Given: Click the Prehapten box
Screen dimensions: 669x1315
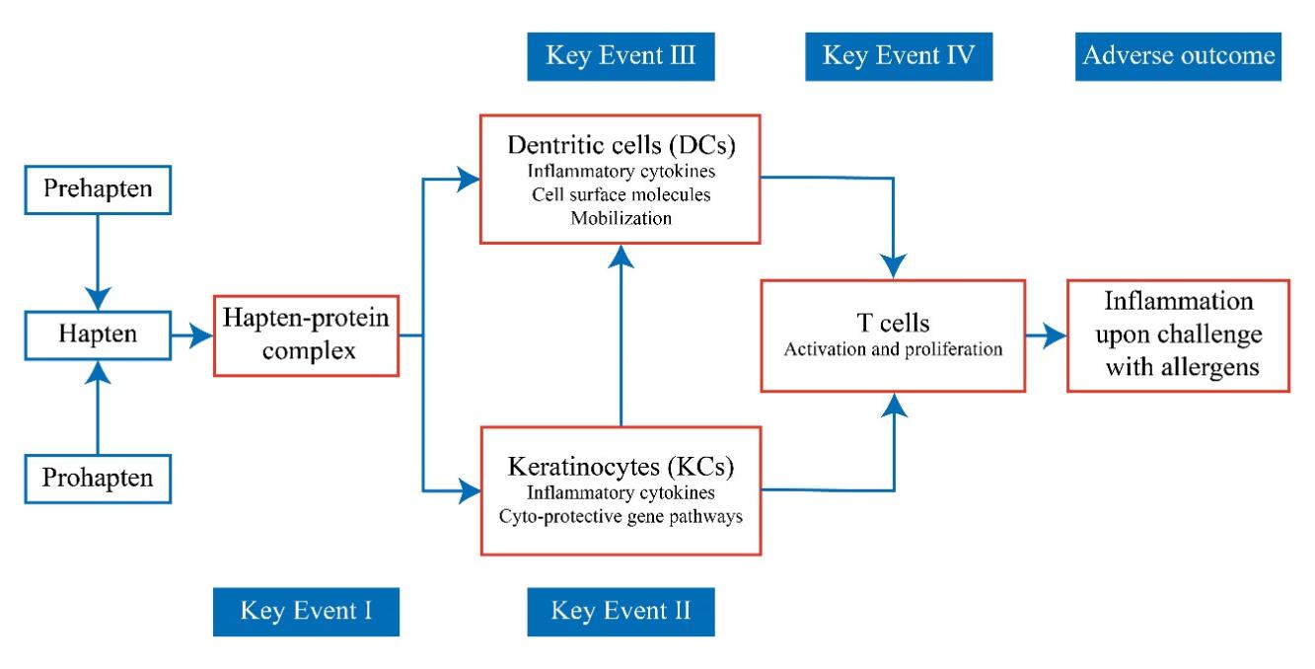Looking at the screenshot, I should pyautogui.click(x=97, y=186).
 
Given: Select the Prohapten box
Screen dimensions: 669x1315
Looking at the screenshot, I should pyautogui.click(x=97, y=481).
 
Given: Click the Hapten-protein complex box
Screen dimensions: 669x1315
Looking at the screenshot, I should pyautogui.click(x=306, y=335).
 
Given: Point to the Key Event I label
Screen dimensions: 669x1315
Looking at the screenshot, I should pyautogui.click(x=306, y=613).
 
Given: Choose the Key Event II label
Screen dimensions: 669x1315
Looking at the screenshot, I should pyautogui.click(x=621, y=613).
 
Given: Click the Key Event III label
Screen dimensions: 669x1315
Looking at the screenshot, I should pyautogui.click(x=621, y=56).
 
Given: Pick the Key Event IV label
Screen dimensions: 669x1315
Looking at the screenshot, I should pyautogui.click(x=899, y=56).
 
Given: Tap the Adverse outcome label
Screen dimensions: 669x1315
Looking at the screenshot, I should pyautogui.click(x=1178, y=56).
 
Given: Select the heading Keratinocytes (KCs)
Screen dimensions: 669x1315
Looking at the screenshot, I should pyautogui.click(x=621, y=466).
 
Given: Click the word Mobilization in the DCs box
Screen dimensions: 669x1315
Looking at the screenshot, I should pyautogui.click(x=621, y=218).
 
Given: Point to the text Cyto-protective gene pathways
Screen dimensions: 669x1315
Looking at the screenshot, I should pyautogui.click(x=621, y=518).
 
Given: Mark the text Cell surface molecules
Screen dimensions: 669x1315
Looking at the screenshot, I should pyautogui.click(x=621, y=194).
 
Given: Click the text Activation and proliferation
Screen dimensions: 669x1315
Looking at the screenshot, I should pyautogui.click(x=893, y=350).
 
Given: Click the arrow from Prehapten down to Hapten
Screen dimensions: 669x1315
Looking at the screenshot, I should pyautogui.click(x=97, y=261).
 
